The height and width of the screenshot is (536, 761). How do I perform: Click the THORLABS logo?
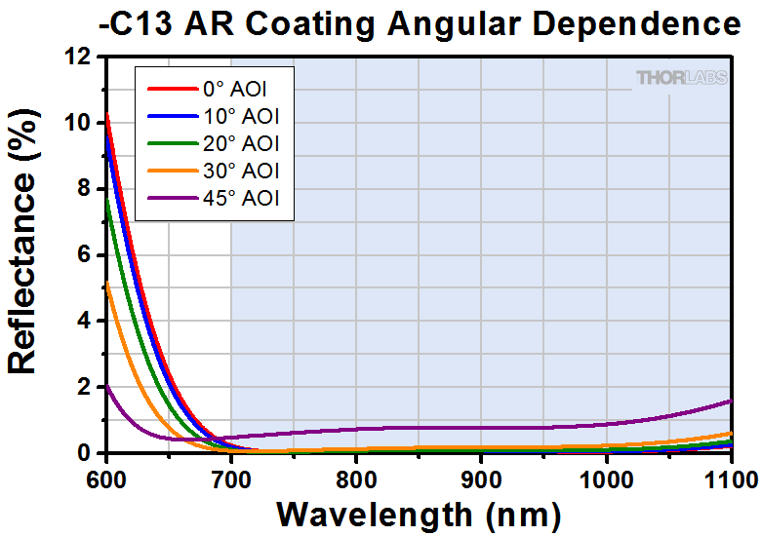pyautogui.click(x=681, y=78)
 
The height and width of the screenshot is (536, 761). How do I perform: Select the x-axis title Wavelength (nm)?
pyautogui.click(x=418, y=513)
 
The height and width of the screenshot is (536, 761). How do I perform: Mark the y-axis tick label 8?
pyautogui.click(x=86, y=189)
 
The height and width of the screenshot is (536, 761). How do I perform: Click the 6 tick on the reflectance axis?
pyautogui.click(x=86, y=255)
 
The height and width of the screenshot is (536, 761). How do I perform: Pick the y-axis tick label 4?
pyautogui.click(x=86, y=322)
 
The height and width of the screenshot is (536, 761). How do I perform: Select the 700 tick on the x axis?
pyautogui.click(x=231, y=478)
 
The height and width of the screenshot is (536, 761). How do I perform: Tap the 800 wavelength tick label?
pyautogui.click(x=356, y=478)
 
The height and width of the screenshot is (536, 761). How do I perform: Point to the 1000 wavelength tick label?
pyautogui.click(x=605, y=478)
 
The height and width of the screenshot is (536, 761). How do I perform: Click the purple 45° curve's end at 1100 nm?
pyautogui.click(x=730, y=401)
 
